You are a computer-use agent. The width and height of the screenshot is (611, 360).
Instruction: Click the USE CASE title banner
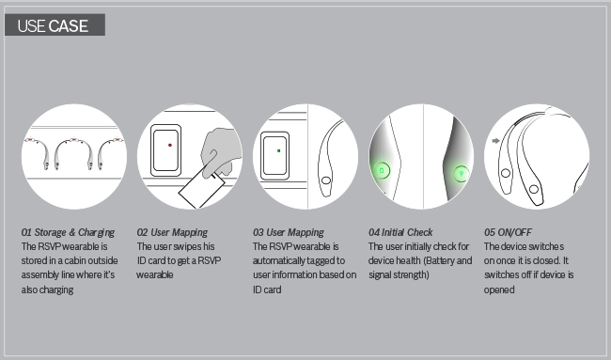coord(55,25)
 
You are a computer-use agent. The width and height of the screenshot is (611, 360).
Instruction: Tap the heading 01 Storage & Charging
coord(68,232)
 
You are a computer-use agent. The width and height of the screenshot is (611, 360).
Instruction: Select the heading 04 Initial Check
coord(400,232)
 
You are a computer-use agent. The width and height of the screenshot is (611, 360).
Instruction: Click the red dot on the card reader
coord(170,145)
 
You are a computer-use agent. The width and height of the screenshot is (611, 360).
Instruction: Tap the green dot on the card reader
coord(278,150)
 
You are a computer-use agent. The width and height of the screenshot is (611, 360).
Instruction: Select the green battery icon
coord(382,171)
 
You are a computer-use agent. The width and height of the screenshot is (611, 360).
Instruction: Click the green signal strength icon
coord(462,173)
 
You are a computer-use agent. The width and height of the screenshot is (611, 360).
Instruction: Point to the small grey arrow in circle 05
coord(495,141)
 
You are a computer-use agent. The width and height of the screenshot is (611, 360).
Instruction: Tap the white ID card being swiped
coord(201,190)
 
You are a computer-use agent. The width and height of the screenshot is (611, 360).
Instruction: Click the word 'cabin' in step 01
coord(75,260)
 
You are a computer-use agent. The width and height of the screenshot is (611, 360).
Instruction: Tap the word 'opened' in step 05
coord(499,290)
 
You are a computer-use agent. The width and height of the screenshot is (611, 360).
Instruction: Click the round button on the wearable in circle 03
coord(326,180)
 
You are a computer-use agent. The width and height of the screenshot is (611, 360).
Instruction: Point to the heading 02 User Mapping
coord(172,232)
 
